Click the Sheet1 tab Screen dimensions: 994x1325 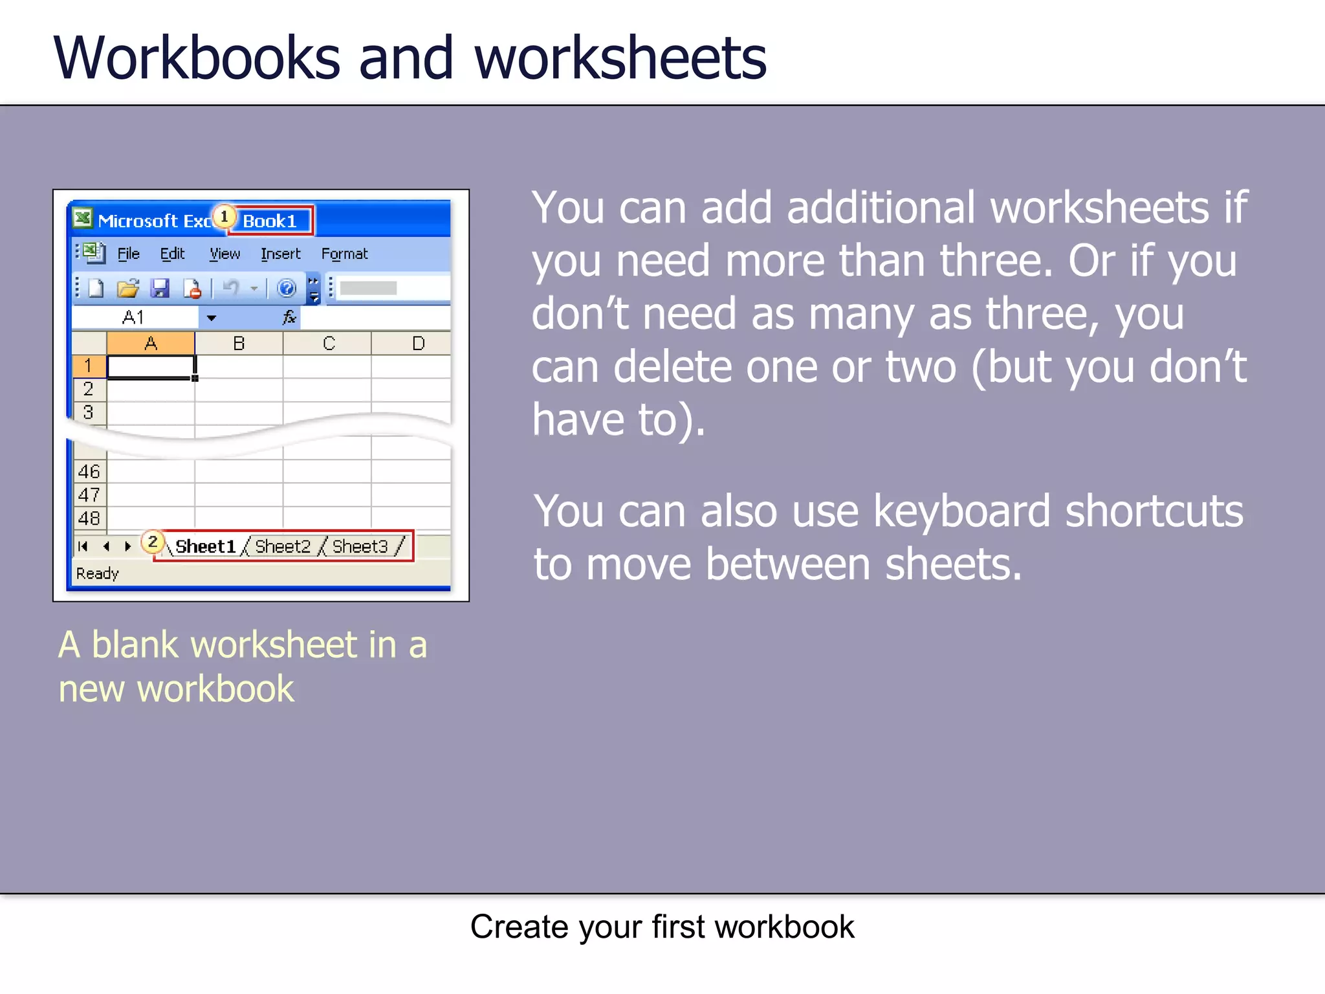click(x=205, y=547)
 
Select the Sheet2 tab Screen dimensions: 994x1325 click(x=283, y=547)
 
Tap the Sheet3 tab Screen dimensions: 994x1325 click(x=360, y=547)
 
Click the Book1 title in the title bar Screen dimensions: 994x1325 click(x=270, y=221)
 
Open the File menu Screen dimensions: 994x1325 click(x=128, y=254)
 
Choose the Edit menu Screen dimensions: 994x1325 click(x=172, y=254)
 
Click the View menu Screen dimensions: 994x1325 click(x=224, y=254)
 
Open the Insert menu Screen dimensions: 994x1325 click(x=281, y=254)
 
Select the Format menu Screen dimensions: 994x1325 click(x=344, y=254)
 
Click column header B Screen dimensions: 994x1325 click(x=239, y=344)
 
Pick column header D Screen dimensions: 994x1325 click(x=418, y=344)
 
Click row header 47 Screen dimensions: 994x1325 click(x=89, y=495)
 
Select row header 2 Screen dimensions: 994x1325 click(x=89, y=389)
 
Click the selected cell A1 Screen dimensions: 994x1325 click(x=150, y=367)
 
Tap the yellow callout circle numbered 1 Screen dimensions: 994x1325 click(x=224, y=216)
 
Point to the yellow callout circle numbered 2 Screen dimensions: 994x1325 click(x=153, y=542)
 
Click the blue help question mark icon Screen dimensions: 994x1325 click(x=286, y=288)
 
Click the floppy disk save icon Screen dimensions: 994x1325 click(x=159, y=288)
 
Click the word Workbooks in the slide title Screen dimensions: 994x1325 click(x=197, y=58)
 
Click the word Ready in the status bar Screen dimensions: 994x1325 click(x=98, y=573)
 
